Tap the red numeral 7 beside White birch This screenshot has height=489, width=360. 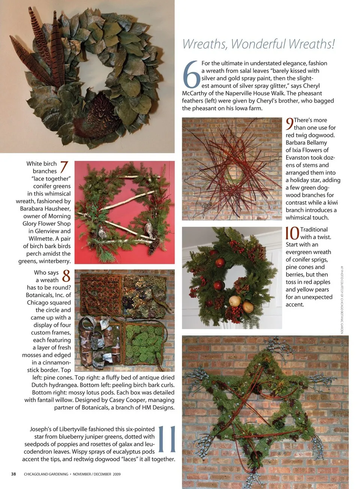pos(64,167)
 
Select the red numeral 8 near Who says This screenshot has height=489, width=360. pos(66,276)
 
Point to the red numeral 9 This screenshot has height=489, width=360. pos(289,124)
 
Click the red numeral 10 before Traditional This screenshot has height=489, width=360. pos(292,233)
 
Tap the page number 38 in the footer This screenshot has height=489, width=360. pos(13,474)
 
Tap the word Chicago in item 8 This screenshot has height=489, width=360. pos(38,302)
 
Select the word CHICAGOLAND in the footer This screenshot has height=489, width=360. pos(46,474)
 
